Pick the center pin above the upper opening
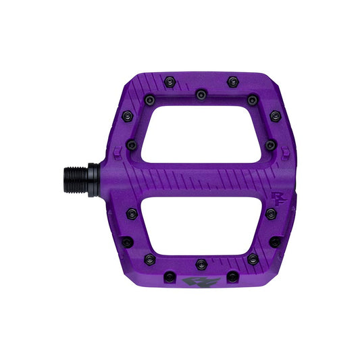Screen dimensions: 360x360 click(x=200, y=95)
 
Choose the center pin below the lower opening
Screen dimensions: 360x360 click(x=200, y=263)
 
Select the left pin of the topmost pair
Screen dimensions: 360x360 click(x=168, y=81)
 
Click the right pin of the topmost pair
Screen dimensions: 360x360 click(x=232, y=80)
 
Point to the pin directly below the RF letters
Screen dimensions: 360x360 click(x=271, y=213)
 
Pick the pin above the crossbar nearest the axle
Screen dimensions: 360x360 click(x=132, y=145)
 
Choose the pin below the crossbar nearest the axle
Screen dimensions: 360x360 click(x=132, y=213)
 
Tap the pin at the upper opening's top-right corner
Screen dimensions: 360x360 click(x=252, y=100)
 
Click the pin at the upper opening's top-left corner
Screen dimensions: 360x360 click(x=149, y=100)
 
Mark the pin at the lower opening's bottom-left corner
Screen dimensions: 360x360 click(x=149, y=258)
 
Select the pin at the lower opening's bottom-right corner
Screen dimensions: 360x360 click(x=252, y=258)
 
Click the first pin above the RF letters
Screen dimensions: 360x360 click(x=271, y=145)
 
